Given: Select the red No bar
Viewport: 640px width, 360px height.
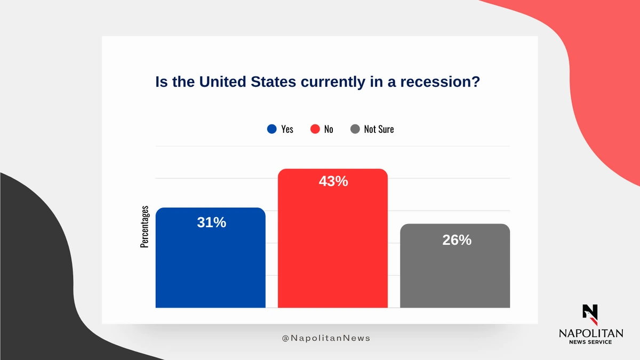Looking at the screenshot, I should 332,245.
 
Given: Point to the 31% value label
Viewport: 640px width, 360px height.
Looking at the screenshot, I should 212,222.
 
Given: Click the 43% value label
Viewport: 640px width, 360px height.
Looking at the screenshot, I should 333,181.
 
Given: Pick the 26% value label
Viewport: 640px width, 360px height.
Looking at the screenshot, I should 457,240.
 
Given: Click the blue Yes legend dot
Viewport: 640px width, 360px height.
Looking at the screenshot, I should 272,129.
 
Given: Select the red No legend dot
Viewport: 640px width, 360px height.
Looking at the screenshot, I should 315,129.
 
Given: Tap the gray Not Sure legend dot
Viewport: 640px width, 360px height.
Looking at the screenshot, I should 355,129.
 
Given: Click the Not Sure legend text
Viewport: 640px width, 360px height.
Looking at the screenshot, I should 379,129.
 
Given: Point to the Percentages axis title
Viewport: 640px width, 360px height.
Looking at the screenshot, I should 145,227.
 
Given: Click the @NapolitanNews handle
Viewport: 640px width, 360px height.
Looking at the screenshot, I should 325,338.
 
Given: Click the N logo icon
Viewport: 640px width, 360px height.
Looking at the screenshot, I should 590,314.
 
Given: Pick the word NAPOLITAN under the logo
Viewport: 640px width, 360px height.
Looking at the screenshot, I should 590,333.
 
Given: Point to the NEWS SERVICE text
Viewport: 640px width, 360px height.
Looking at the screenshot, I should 590,342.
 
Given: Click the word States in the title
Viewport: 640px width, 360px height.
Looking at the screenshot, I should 270,83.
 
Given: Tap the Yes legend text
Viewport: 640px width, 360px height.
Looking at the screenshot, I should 287,129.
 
